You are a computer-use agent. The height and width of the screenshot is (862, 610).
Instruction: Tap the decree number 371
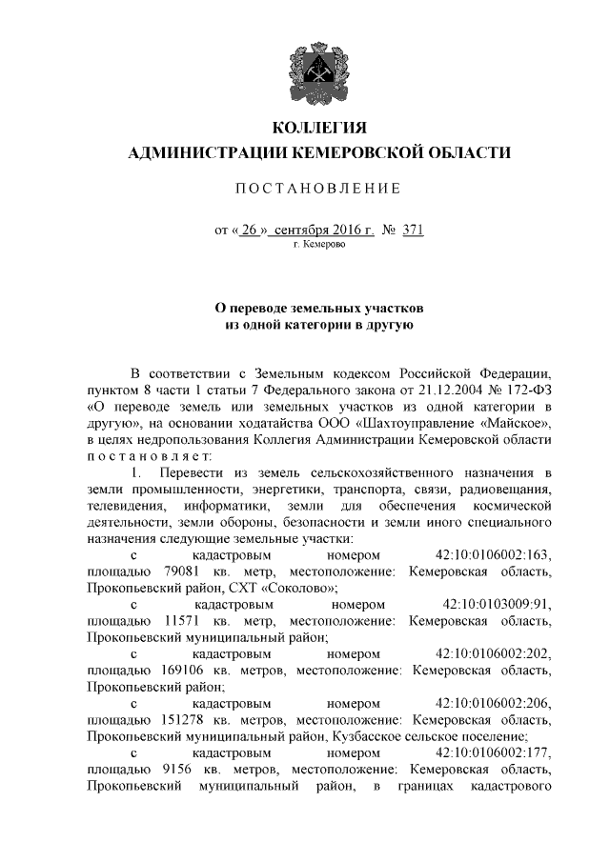[x=413, y=230]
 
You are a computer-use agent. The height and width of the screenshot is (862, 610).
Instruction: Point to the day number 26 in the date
[x=250, y=230]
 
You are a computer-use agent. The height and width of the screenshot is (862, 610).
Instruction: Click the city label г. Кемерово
[x=319, y=245]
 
